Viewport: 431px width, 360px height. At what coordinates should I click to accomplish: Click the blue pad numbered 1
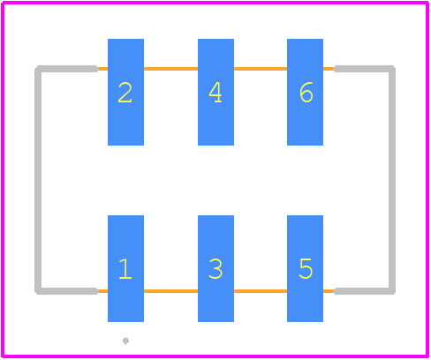tap(125, 268)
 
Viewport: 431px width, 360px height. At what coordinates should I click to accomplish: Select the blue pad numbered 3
tap(215, 268)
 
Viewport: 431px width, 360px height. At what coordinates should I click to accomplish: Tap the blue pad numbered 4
tap(215, 92)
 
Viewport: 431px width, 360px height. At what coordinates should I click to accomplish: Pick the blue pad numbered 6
tap(305, 92)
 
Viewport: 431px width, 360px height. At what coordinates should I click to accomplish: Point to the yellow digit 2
tap(125, 93)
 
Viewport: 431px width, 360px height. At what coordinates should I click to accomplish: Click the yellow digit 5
tap(306, 268)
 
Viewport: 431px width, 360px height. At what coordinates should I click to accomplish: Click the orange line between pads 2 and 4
tap(170, 69)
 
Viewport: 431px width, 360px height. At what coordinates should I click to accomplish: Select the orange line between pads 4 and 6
tap(261, 69)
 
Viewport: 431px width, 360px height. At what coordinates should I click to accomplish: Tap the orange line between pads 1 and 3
tap(170, 291)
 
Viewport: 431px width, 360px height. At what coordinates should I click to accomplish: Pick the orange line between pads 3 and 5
tap(261, 291)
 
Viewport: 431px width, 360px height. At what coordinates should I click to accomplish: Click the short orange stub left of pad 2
tap(102, 69)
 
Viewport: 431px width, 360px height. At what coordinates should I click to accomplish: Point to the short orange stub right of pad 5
tap(329, 291)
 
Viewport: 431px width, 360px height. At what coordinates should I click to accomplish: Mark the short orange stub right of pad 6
tap(329, 69)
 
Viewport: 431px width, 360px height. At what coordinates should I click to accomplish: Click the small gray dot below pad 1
tap(125, 341)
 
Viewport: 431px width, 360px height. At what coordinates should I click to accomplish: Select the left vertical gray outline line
tap(38, 180)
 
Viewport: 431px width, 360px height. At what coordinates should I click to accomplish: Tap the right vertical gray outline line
tap(392, 180)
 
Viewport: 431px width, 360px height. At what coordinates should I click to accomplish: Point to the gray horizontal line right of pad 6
tap(363, 69)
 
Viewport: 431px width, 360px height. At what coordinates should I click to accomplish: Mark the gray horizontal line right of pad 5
tap(363, 291)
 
